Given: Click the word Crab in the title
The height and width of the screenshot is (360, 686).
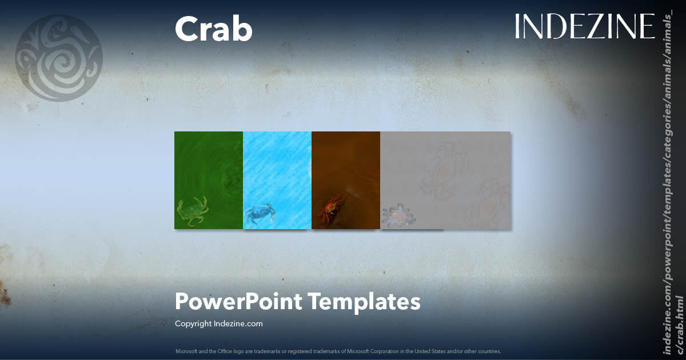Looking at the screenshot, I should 213,29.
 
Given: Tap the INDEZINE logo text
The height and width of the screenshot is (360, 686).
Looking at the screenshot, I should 584,27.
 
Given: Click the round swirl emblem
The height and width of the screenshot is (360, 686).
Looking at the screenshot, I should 58,58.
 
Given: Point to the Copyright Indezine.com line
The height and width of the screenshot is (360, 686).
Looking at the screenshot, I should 218,323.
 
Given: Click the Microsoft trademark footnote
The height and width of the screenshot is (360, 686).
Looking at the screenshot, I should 338,351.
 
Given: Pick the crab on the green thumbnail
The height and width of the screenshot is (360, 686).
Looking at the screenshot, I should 193,211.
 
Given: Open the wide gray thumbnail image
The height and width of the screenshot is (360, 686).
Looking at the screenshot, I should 445,180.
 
